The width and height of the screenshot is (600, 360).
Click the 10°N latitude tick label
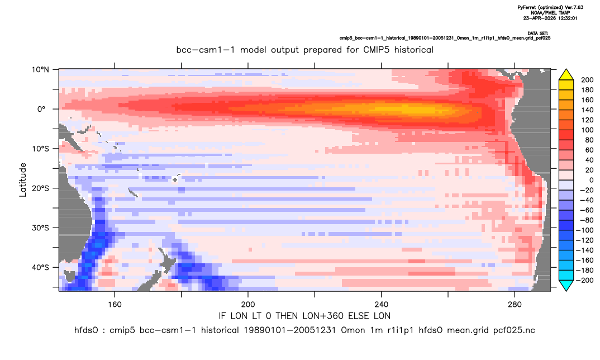tap(41, 70)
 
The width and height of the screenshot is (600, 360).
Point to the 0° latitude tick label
tap(41, 109)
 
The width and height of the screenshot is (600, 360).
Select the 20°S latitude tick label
tap(41, 188)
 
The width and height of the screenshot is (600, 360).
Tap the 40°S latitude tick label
tap(41, 267)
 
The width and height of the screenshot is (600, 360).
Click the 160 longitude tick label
tap(115, 305)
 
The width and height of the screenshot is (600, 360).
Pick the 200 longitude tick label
tap(248, 305)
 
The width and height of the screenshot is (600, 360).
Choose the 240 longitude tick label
tap(381, 305)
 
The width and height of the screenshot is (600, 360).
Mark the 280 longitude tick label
tap(515, 305)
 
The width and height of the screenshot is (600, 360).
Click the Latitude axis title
tap(23, 180)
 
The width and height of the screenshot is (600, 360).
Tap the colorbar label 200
tap(587, 80)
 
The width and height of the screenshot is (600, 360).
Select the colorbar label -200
tap(585, 280)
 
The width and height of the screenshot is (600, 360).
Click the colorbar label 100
tap(587, 130)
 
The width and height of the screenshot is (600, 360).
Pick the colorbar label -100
tap(585, 230)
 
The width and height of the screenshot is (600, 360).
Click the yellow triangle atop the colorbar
tap(566, 75)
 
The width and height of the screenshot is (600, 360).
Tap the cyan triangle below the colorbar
tap(566, 285)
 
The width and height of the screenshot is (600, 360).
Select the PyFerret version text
tap(550, 7)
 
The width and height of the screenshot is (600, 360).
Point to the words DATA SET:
tap(537, 34)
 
